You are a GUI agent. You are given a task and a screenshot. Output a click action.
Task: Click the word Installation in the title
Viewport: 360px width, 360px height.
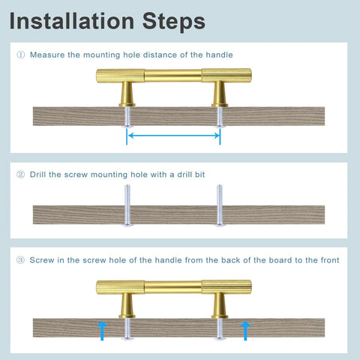click(x=72, y=21)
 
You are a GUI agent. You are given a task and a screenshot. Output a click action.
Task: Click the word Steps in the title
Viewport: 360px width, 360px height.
click(x=174, y=22)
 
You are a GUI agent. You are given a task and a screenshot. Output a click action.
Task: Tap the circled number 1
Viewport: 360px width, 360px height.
click(x=21, y=55)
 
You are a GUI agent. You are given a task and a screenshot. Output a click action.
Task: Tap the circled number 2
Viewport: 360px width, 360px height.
click(x=20, y=174)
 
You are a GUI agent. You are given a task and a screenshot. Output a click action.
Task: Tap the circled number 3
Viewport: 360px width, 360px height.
click(x=20, y=260)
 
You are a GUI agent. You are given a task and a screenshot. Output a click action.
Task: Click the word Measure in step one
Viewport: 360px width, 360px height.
click(x=47, y=55)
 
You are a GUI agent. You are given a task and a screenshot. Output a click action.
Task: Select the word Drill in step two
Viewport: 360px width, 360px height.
click(x=37, y=175)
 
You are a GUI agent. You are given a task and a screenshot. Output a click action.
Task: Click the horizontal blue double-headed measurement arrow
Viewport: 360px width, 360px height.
click(x=174, y=136)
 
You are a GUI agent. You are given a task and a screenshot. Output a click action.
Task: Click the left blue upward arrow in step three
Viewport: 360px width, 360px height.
click(x=102, y=331)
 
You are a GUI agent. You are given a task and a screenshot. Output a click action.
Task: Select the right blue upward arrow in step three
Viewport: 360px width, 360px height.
click(x=245, y=331)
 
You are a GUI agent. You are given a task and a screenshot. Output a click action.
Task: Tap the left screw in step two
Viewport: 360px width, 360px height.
click(x=127, y=205)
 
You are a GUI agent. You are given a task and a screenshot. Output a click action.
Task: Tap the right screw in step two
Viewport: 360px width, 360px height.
click(x=220, y=205)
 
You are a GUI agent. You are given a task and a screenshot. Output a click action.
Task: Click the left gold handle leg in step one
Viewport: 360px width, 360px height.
click(x=127, y=94)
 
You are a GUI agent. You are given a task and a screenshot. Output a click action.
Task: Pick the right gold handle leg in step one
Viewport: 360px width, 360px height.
click(x=220, y=94)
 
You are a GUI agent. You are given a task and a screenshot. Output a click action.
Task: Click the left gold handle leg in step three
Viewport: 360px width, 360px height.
click(x=127, y=305)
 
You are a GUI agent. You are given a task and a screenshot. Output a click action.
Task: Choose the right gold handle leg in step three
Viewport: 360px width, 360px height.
click(x=220, y=305)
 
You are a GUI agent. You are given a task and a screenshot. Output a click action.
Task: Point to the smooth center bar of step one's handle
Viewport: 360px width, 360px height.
click(x=173, y=76)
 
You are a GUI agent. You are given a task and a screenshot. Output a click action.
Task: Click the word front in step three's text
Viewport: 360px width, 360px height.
click(x=330, y=260)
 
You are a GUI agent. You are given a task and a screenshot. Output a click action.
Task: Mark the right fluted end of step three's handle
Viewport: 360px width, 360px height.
click(x=226, y=286)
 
